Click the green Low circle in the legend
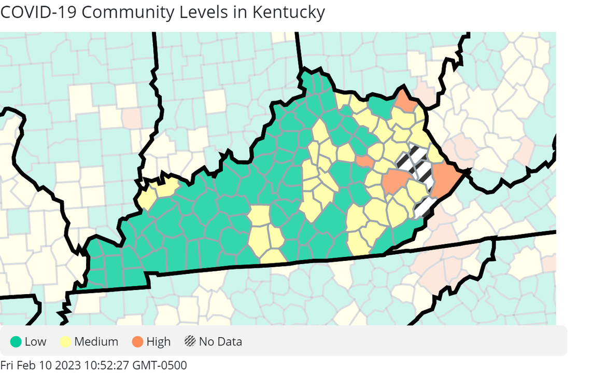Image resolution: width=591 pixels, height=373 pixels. point(16,342)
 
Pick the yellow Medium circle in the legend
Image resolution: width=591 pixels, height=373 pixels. point(66,342)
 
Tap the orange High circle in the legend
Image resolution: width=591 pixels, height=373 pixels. point(138,342)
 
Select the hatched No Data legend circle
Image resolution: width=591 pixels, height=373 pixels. point(190,342)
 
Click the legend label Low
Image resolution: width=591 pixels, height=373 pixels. point(35,342)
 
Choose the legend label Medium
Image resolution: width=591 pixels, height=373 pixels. point(96,342)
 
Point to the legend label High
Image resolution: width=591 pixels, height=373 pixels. point(158,342)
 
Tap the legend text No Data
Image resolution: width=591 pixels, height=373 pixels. point(220,342)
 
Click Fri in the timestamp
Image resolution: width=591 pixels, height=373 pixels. point(8,365)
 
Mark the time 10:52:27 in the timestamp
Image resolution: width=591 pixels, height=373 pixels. point(107,365)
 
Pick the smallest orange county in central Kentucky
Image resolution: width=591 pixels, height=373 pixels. point(364,162)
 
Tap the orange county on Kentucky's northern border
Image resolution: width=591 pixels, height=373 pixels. point(406,103)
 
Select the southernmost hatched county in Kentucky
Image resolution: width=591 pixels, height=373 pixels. point(424,208)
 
